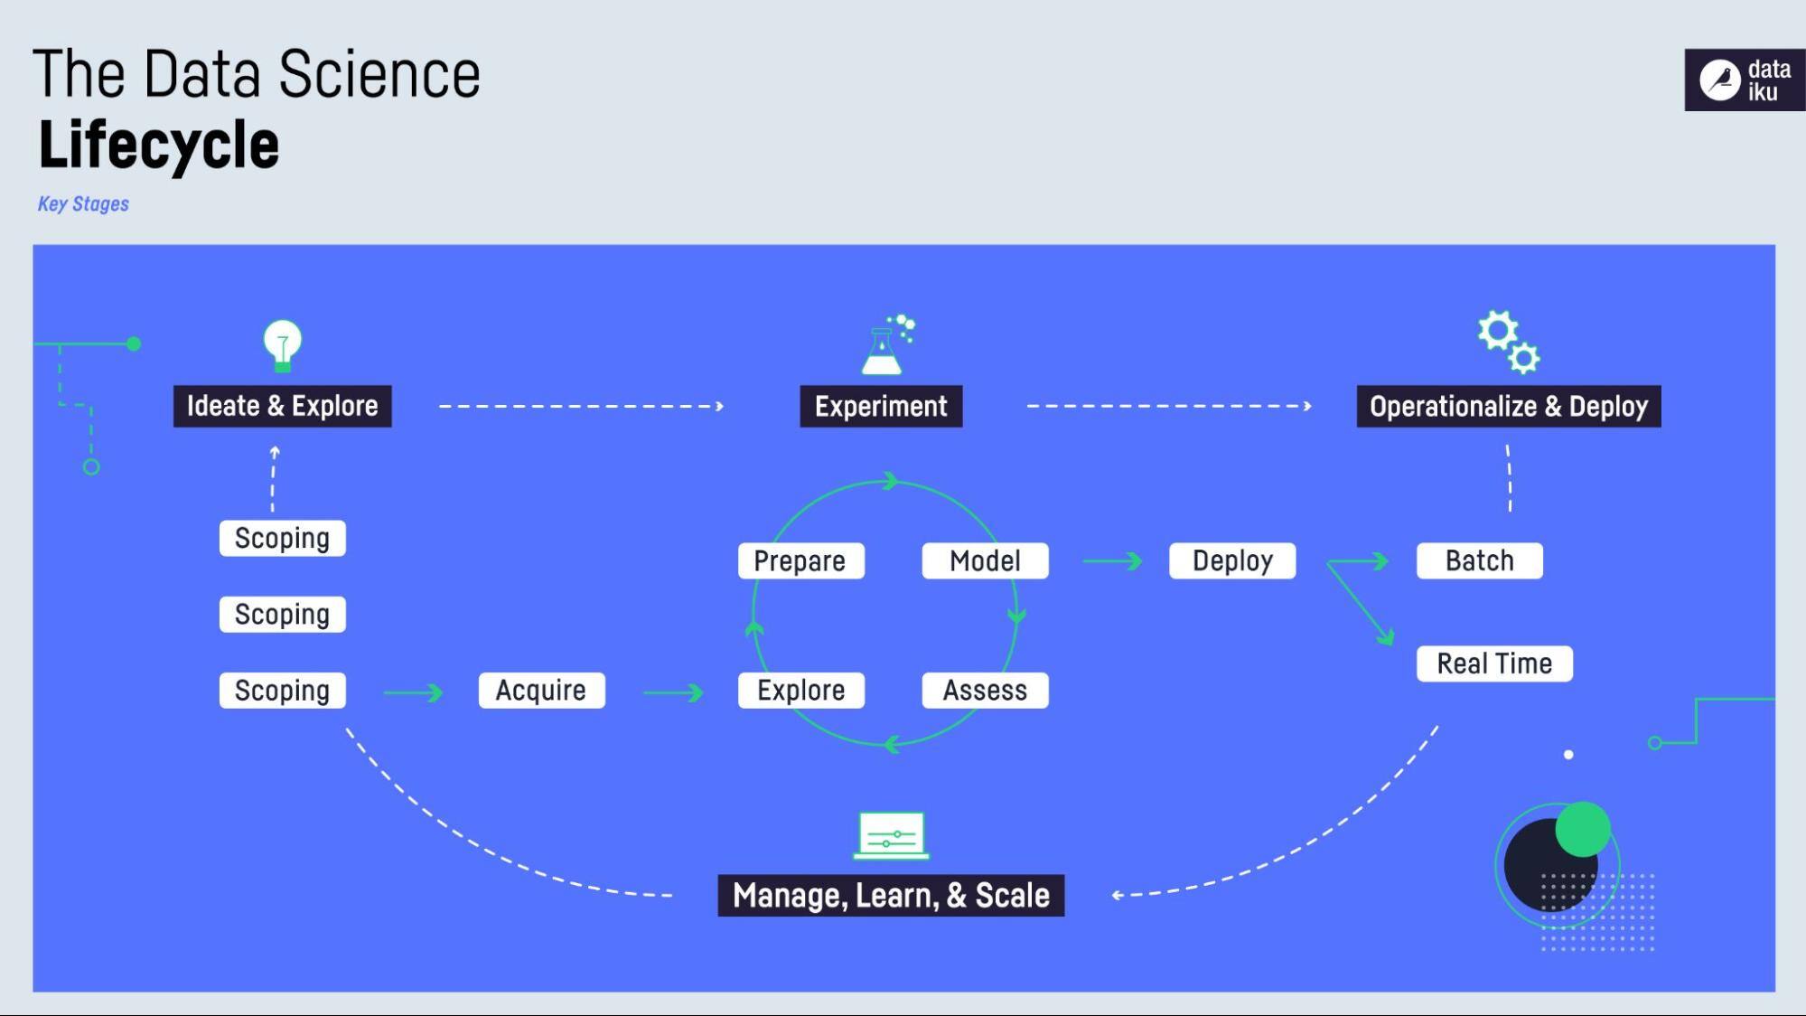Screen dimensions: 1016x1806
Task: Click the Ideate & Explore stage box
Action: [282, 407]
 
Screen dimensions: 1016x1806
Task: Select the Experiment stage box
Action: [881, 407]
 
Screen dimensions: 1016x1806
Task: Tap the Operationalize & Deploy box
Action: [1508, 407]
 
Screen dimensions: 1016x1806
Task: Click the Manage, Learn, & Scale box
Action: [891, 896]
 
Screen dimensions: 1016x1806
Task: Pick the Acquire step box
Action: [541, 691]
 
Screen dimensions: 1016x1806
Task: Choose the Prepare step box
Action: [800, 560]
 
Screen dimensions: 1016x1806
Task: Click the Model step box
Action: [985, 560]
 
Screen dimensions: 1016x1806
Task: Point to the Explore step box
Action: [800, 691]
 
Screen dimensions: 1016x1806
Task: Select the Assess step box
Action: [985, 691]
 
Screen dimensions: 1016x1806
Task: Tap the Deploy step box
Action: [1232, 560]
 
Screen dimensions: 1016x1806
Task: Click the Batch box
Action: [1479, 560]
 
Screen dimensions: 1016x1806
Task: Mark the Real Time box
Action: [1494, 663]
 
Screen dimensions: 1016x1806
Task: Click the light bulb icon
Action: [282, 345]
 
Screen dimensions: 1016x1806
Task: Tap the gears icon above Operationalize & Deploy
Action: [1508, 343]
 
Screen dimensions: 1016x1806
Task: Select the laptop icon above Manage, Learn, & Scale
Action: [891, 835]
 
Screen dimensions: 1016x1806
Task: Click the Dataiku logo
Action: [1745, 80]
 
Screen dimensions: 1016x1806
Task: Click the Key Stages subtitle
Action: [83, 204]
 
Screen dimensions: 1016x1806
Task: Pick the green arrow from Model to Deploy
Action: [1112, 561]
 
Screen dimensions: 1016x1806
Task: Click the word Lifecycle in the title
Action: [159, 145]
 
